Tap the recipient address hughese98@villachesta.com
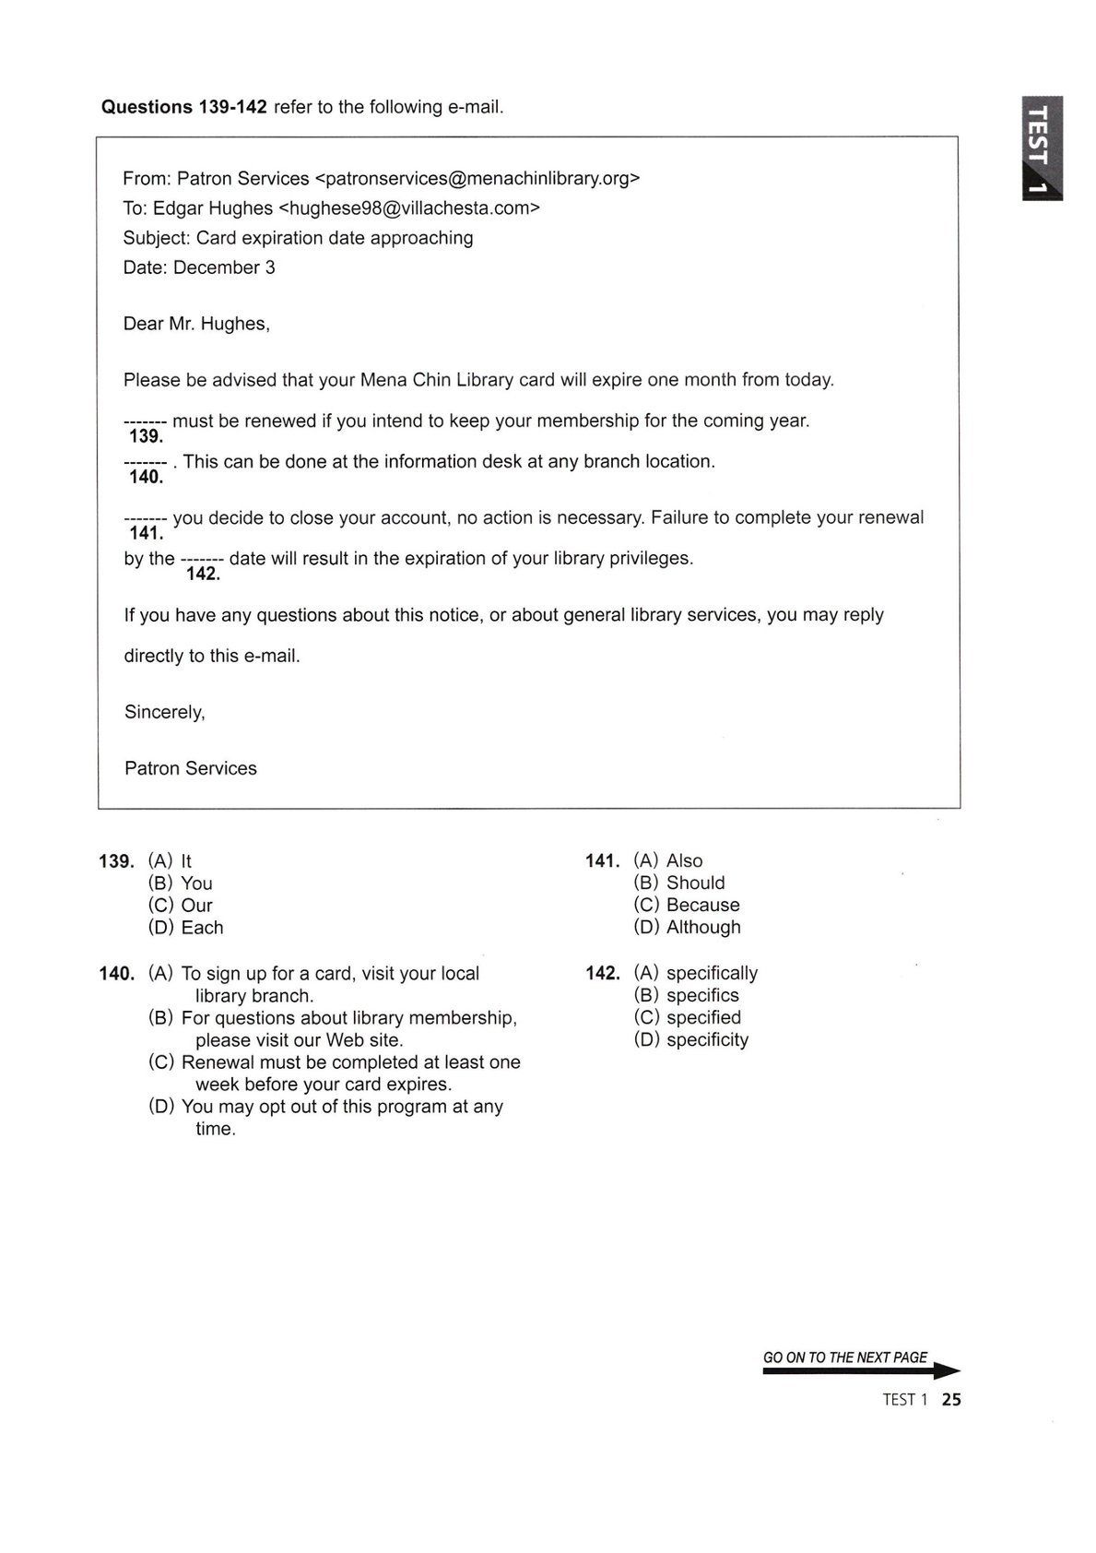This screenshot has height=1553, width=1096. click(x=408, y=207)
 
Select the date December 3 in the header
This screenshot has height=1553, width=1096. click(x=224, y=267)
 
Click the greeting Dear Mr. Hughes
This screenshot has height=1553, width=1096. click(x=196, y=324)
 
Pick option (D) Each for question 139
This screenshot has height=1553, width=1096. click(x=185, y=927)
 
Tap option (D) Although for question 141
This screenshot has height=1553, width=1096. click(x=687, y=927)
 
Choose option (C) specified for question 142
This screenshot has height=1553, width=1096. click(x=687, y=1017)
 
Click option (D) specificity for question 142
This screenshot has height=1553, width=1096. click(x=690, y=1039)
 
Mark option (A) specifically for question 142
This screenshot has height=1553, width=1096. click(x=695, y=973)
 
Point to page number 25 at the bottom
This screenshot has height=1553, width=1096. click(x=951, y=1399)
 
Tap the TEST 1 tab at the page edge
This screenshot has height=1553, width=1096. click(x=1040, y=148)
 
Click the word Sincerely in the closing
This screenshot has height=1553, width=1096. click(x=164, y=712)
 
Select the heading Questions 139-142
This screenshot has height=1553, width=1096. click(x=183, y=107)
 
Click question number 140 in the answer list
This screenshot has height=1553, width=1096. click(x=117, y=973)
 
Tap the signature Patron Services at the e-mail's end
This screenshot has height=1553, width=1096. click(x=191, y=768)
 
